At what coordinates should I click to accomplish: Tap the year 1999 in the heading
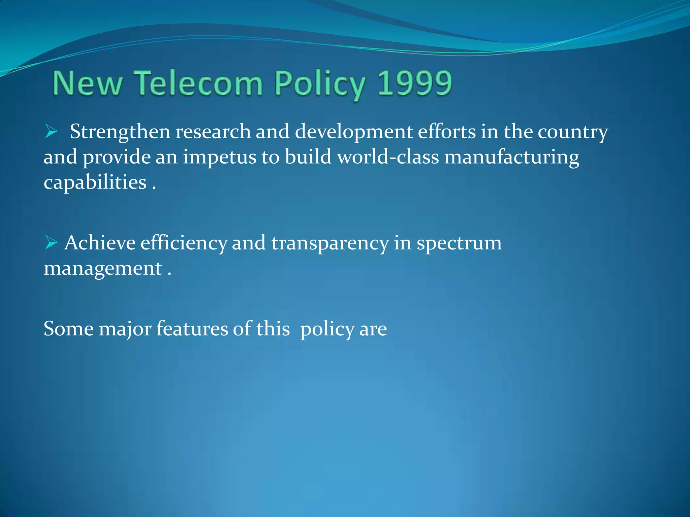coord(414,83)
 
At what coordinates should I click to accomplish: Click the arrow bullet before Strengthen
coord(51,131)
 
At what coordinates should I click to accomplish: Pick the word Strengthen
coord(120,132)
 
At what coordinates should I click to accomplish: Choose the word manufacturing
coord(512,158)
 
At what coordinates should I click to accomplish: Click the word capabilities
coord(95,183)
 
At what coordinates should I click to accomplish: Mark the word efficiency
coord(184,243)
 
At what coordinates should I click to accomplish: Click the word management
coord(103,269)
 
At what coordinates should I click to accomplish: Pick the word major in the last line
coord(125,329)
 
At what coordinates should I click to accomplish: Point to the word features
coord(192,329)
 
